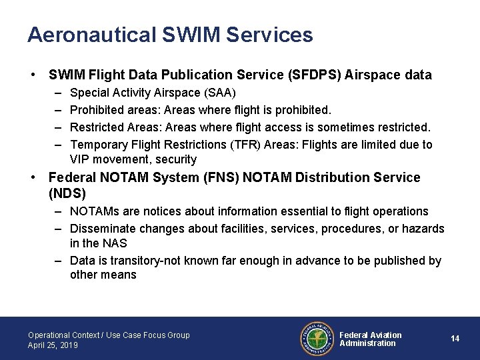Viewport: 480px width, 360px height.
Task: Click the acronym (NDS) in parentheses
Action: [67, 193]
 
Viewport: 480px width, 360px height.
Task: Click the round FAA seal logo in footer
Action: [317, 339]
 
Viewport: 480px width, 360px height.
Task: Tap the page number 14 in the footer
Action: [455, 339]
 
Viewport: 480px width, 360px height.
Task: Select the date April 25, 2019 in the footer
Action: [53, 345]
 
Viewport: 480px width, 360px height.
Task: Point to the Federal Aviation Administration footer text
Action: [371, 339]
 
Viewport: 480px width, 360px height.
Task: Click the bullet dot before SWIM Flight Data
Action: [32, 75]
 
